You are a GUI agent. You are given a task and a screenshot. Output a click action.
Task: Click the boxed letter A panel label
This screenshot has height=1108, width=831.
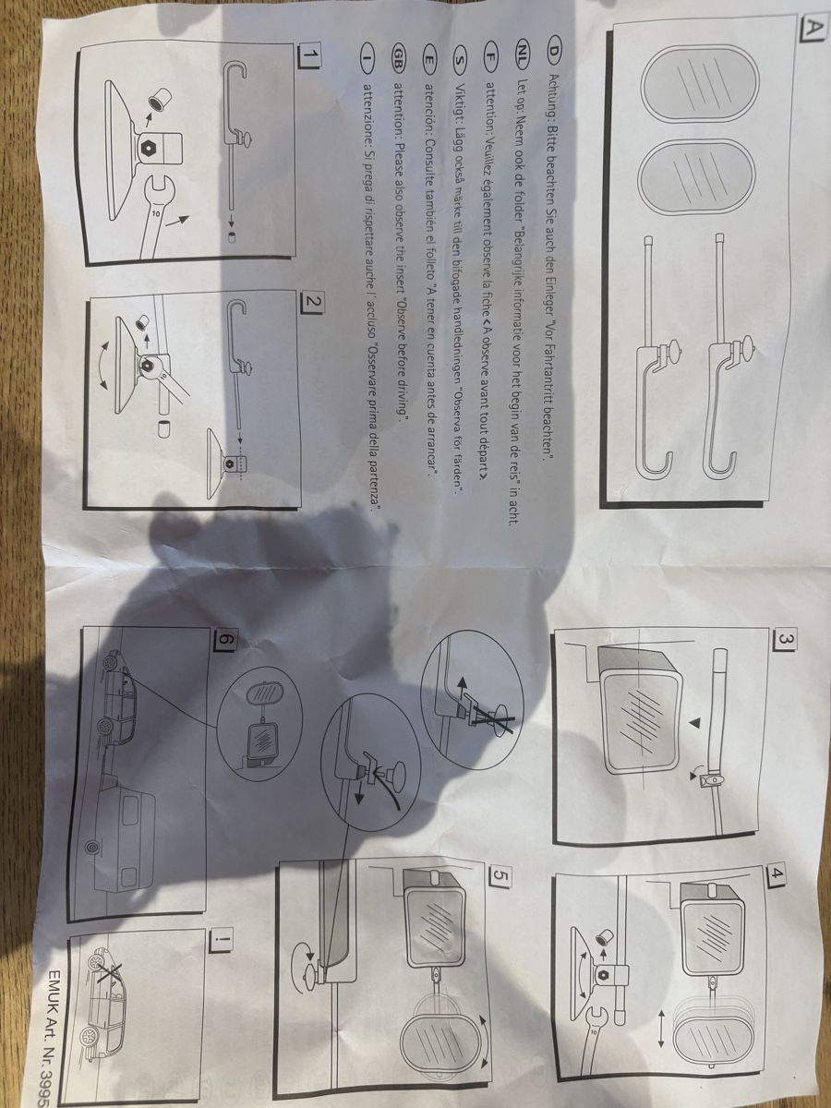[x=807, y=27]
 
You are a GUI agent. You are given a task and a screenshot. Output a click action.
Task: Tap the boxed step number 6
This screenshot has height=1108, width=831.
[x=225, y=640]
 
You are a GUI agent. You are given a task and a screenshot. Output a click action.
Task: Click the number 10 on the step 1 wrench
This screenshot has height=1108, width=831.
[x=157, y=213]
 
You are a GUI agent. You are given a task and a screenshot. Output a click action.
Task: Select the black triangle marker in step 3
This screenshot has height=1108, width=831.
[x=696, y=723]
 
